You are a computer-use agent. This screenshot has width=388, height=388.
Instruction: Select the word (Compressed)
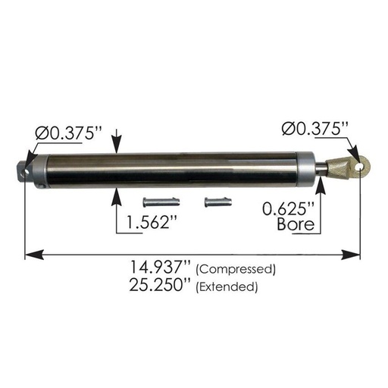tap(236, 270)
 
